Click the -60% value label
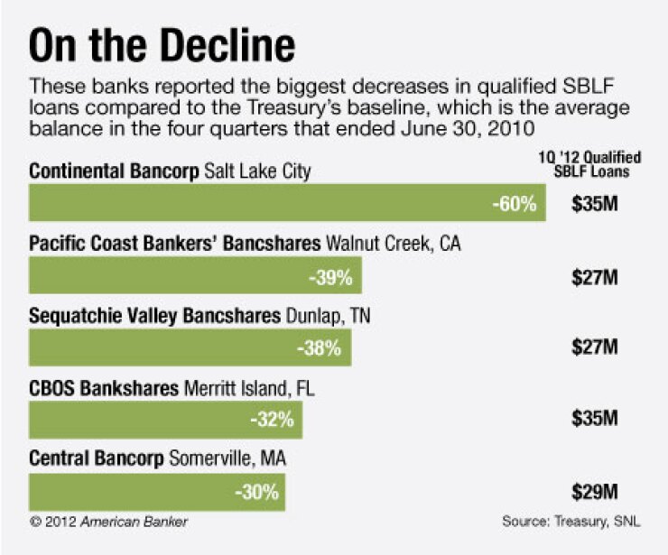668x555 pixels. click(x=515, y=204)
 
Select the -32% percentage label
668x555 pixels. click(x=272, y=421)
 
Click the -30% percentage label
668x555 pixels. click(x=256, y=494)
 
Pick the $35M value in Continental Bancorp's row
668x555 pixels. click(x=594, y=204)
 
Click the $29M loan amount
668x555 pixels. click(x=594, y=493)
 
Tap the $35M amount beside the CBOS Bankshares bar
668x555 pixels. click(x=594, y=420)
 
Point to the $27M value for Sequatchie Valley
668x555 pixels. click(x=594, y=348)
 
